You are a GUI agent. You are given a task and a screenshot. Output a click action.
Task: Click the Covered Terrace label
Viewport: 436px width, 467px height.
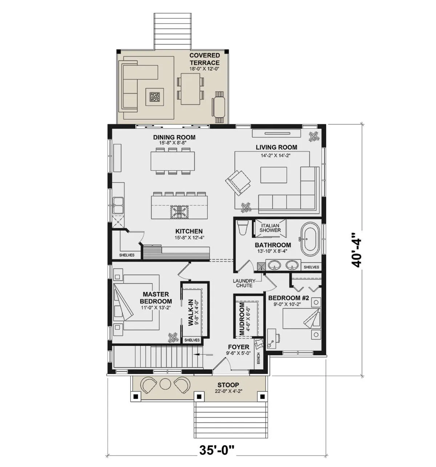click(205, 59)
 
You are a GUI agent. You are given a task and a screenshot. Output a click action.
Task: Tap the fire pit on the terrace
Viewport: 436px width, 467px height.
click(154, 97)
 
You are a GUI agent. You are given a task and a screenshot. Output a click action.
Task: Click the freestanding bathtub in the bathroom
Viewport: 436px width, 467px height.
click(310, 239)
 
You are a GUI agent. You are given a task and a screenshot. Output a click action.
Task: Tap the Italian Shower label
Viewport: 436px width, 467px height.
click(270, 228)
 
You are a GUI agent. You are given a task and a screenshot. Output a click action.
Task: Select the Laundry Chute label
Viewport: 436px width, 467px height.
click(244, 283)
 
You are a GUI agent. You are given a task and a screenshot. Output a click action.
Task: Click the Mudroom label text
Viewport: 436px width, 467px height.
click(242, 319)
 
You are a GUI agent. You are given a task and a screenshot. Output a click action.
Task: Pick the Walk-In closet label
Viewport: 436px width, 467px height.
click(191, 312)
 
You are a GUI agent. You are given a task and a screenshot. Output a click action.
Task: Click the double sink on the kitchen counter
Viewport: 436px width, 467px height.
click(118, 205)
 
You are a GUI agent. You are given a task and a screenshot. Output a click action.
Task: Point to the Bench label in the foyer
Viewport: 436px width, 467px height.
click(258, 358)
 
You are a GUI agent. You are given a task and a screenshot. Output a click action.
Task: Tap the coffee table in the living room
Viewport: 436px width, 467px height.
click(274, 175)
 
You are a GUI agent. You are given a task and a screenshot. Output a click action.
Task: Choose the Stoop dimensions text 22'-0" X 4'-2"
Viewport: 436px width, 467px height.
click(228, 391)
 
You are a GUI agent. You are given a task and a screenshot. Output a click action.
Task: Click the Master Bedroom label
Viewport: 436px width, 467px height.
click(156, 297)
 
